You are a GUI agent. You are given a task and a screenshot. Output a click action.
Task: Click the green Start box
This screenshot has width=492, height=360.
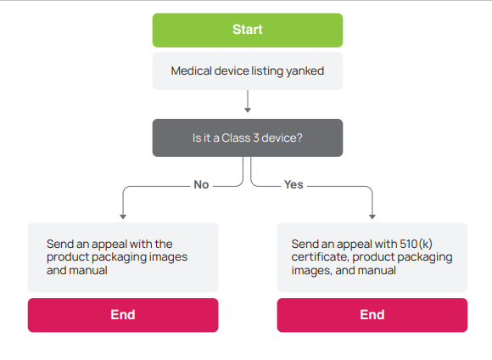(248, 31)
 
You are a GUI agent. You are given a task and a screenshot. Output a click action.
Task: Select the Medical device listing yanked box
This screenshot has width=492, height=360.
(248, 71)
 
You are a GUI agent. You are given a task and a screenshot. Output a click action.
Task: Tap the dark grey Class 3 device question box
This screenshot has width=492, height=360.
(248, 138)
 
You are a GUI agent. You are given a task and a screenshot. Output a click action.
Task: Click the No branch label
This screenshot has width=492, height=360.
(201, 185)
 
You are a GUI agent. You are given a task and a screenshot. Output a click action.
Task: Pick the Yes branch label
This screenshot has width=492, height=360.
(294, 185)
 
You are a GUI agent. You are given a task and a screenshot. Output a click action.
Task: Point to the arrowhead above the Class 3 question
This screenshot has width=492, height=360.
(248, 110)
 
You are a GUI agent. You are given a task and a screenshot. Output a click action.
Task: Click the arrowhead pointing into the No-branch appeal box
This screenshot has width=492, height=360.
(123, 217)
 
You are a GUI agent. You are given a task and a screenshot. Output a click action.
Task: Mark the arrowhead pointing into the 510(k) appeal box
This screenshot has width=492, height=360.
(372, 217)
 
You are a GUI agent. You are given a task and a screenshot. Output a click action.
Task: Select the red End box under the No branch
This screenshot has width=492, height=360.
(123, 315)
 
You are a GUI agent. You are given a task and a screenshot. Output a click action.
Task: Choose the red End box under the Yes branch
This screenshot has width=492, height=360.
(372, 315)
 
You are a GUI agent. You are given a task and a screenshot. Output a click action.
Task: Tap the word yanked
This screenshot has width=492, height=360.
(305, 71)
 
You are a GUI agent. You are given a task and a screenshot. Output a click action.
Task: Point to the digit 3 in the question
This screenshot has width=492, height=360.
(256, 138)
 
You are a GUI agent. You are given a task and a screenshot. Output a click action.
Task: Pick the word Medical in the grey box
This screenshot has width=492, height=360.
(192, 71)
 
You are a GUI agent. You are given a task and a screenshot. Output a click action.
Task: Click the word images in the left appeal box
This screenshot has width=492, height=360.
(168, 257)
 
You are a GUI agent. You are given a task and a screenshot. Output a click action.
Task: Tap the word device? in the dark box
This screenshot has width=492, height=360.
(282, 138)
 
